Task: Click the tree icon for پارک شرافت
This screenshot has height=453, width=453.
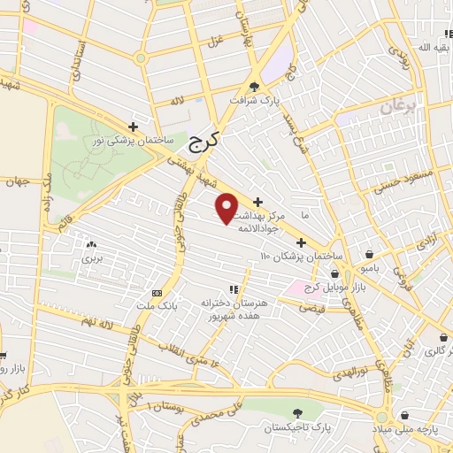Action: (255, 87)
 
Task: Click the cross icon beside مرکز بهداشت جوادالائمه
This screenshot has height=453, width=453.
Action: (257, 203)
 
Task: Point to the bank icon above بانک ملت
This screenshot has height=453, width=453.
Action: (157, 293)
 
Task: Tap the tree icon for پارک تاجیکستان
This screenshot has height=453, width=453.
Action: (296, 412)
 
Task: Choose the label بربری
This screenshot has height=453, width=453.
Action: (93, 259)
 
